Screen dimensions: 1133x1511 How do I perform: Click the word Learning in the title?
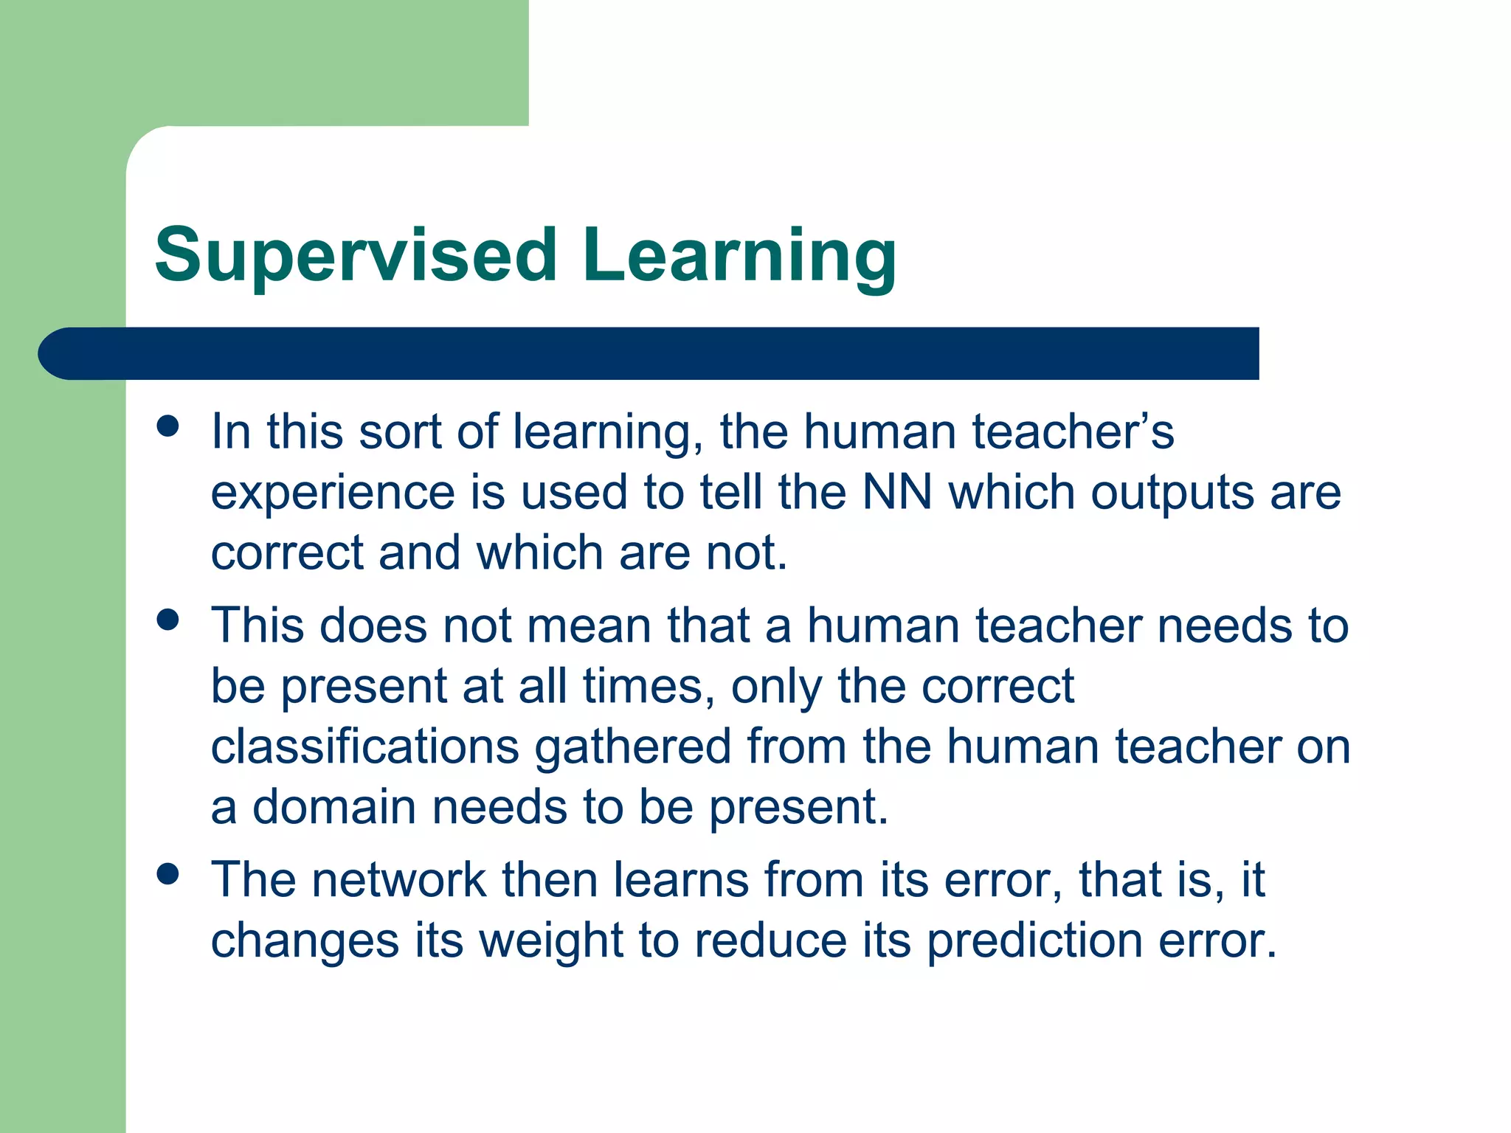tap(739, 255)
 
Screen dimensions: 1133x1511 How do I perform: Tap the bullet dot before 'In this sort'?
tap(168, 426)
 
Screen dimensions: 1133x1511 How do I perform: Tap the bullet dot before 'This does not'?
tap(168, 619)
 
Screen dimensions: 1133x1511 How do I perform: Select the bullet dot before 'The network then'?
tap(168, 874)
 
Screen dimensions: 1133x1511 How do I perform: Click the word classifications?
tap(365, 746)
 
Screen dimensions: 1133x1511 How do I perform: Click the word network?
tap(398, 880)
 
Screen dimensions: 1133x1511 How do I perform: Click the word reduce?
tap(770, 940)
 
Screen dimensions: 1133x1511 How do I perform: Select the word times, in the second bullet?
tap(649, 687)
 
